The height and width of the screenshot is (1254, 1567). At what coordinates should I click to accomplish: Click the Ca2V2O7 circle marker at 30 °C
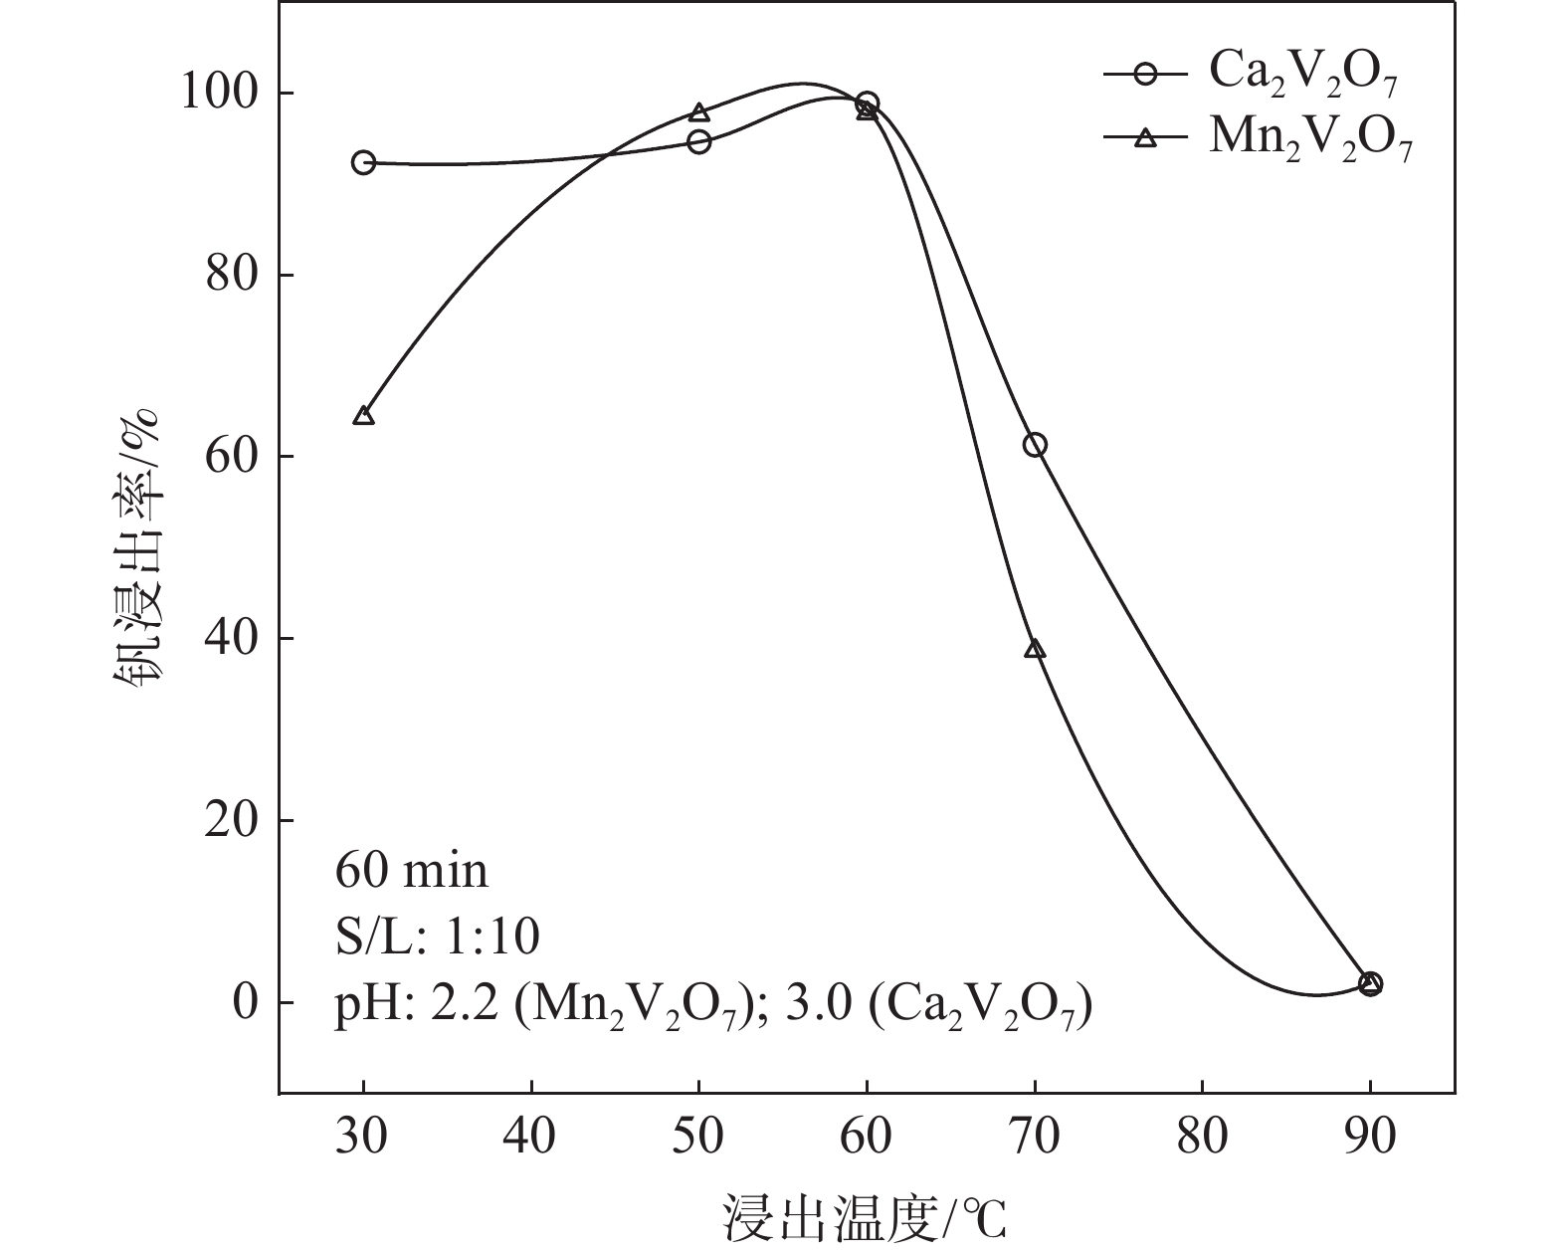363,162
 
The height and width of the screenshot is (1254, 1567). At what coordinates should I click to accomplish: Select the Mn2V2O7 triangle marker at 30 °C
363,415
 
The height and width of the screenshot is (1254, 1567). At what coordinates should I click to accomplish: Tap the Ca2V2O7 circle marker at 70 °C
1035,445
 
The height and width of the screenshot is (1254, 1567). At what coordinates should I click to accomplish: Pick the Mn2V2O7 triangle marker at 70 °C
1035,650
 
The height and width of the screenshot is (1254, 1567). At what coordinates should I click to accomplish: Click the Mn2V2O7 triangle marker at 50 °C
699,111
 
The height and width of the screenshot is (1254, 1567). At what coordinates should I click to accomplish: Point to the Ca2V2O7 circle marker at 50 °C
699,141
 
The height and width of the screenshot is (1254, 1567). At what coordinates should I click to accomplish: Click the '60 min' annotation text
412,872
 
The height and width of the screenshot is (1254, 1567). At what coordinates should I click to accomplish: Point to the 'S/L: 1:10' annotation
438,937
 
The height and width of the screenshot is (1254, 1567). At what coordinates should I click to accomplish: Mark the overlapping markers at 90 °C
1370,983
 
